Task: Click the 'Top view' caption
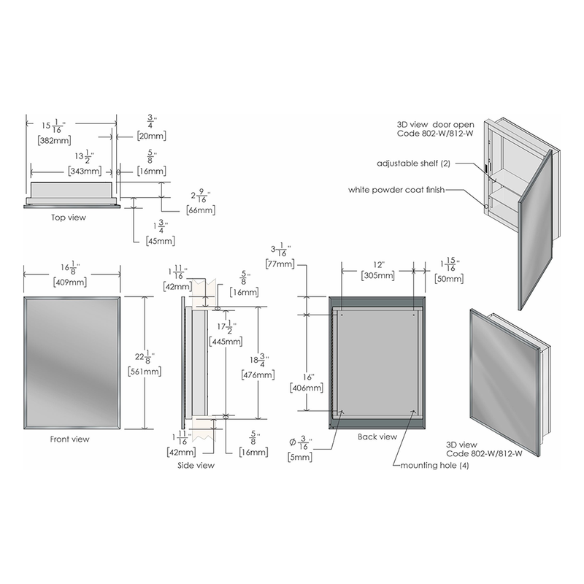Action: click(x=69, y=218)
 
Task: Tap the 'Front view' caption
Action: click(x=69, y=439)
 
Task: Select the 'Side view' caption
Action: click(x=196, y=465)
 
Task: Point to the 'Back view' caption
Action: click(x=377, y=437)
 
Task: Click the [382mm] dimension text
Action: click(x=54, y=140)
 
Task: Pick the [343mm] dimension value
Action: click(x=85, y=171)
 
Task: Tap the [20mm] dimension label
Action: click(x=152, y=136)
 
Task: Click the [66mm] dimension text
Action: click(x=201, y=210)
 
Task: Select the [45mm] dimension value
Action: click(x=161, y=241)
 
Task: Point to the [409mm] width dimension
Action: click(x=70, y=282)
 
